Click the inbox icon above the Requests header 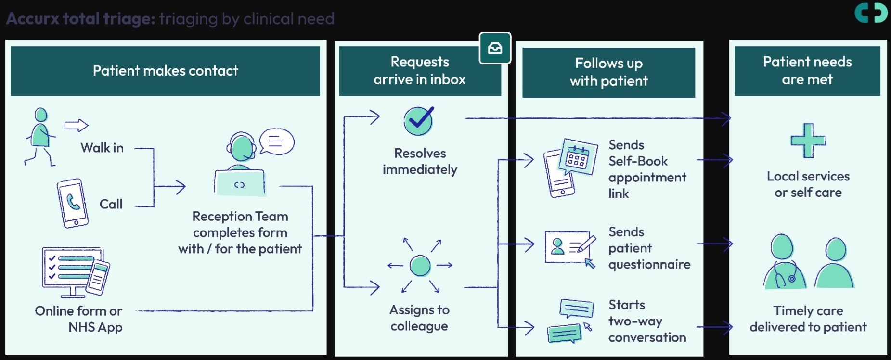coord(495,48)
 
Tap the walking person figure coord(40,137)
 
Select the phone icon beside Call coord(73,203)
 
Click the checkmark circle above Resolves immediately coord(419,121)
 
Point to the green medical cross coord(808,141)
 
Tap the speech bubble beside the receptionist coord(277,141)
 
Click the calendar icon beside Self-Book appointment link coord(577,157)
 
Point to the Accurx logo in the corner coord(871,13)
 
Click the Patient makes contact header coord(165,71)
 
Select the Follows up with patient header coord(608,72)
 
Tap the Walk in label coord(102,148)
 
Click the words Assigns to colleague coord(419,318)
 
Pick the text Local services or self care coord(808,184)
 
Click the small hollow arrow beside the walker coord(77,126)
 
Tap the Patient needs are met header coord(807,71)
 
